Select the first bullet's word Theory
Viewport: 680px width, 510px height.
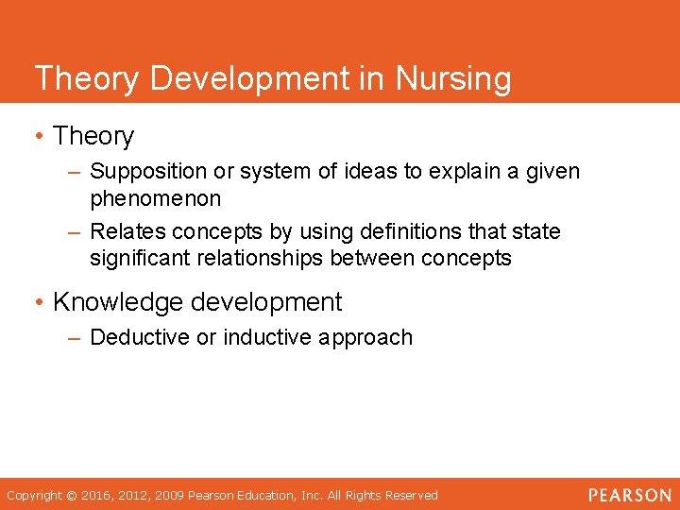(x=93, y=136)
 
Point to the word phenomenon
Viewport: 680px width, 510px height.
(x=156, y=198)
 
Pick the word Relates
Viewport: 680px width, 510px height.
(x=125, y=231)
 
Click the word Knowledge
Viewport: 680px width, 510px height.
(x=118, y=302)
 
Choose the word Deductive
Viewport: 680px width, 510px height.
(x=138, y=337)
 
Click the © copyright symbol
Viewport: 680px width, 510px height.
(x=71, y=495)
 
